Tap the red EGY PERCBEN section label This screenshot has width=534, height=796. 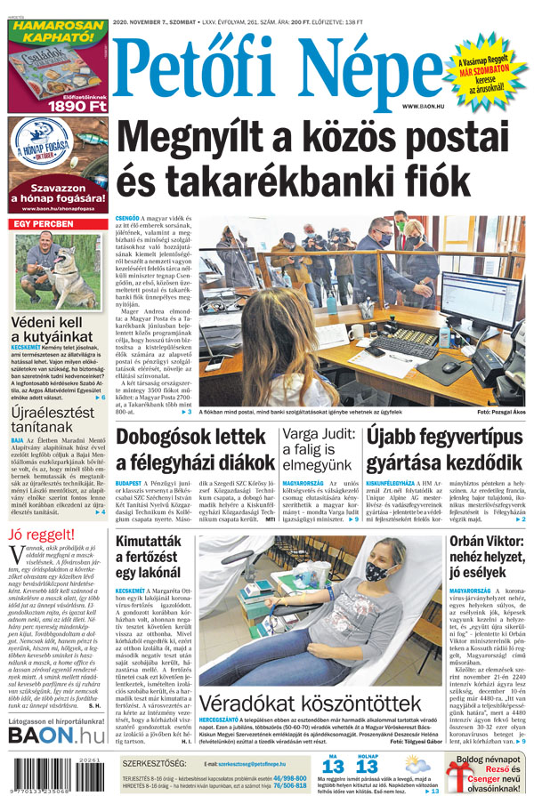tap(42, 224)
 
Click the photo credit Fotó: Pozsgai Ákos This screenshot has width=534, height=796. tap(501, 413)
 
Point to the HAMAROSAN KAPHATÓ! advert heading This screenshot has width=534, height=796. tap(58, 32)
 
